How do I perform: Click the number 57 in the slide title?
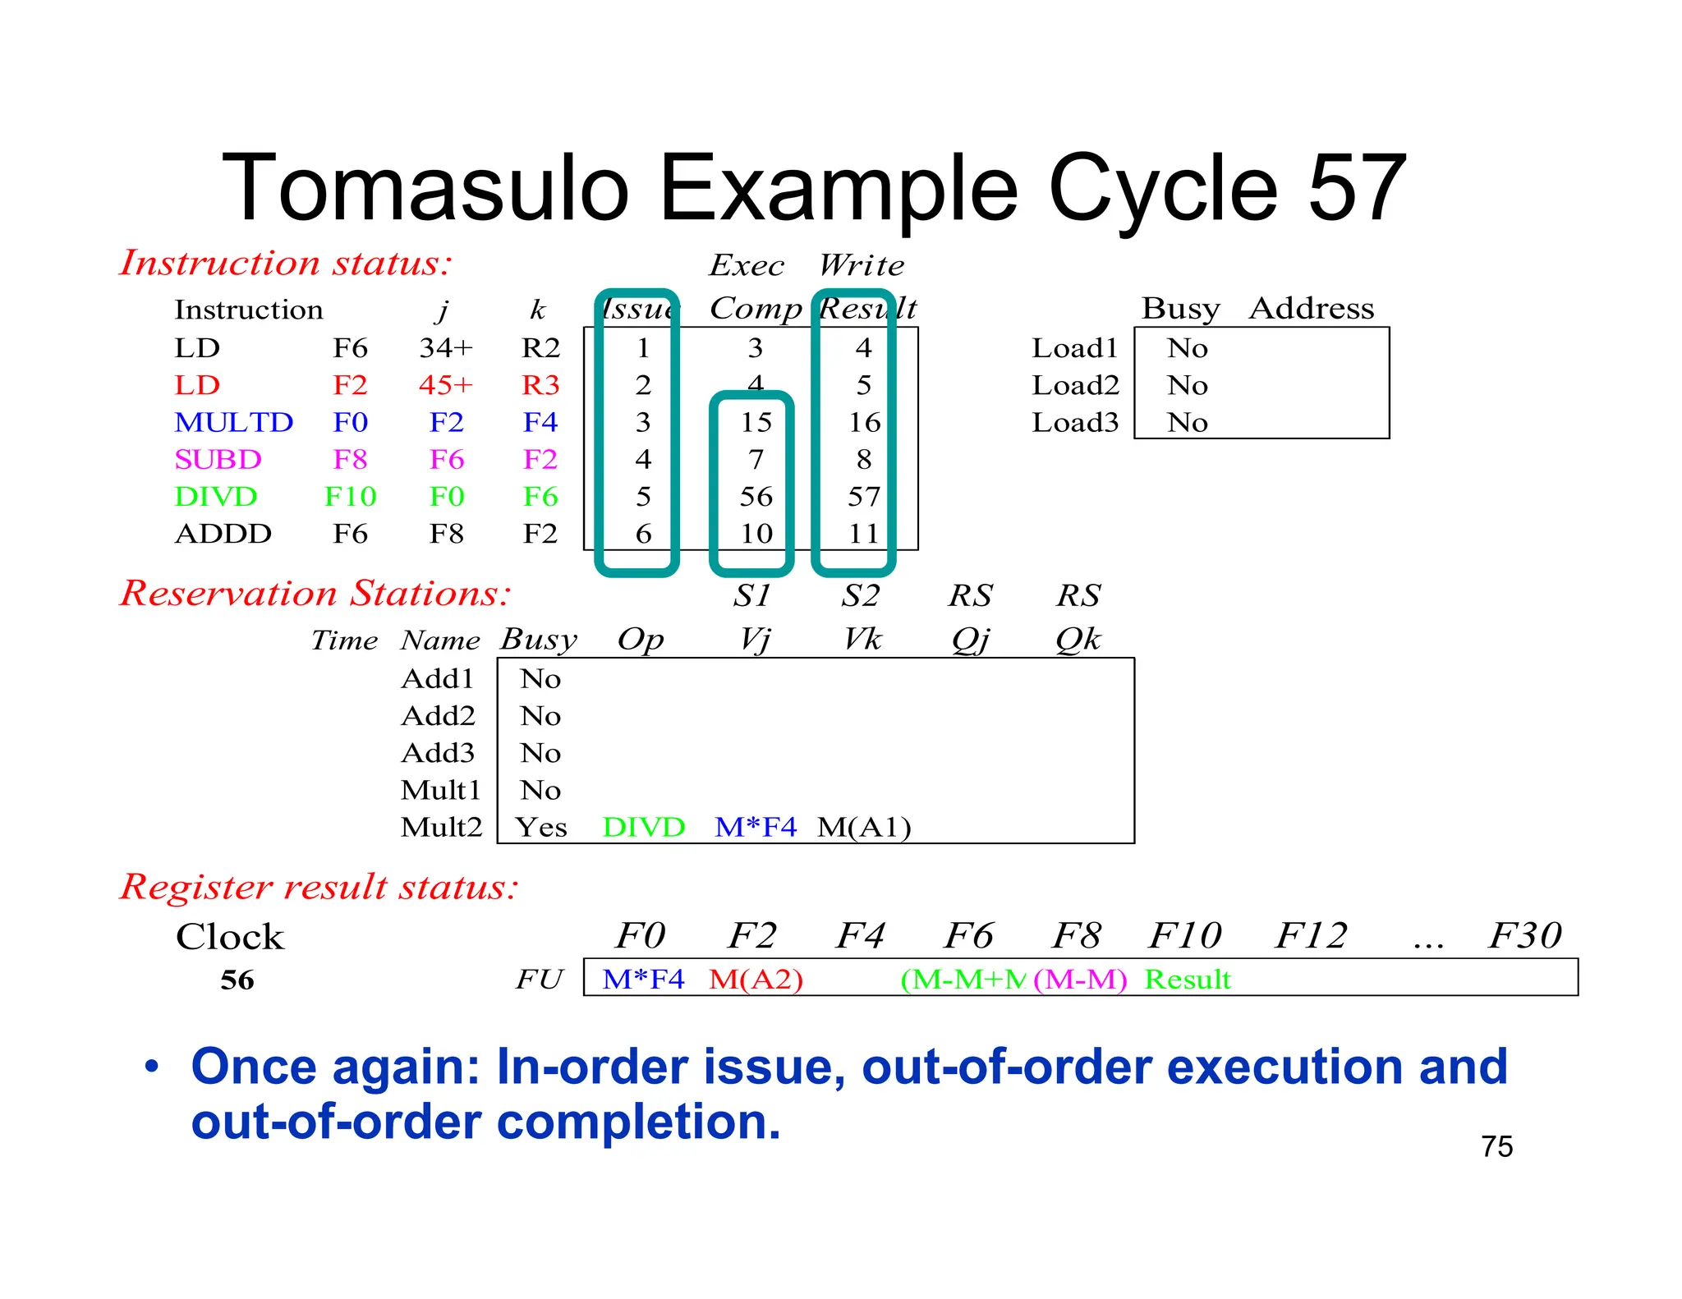pyautogui.click(x=1357, y=189)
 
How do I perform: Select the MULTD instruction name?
pyautogui.click(x=233, y=422)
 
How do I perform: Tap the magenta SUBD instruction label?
pyautogui.click(x=218, y=459)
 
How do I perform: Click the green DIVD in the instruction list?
pyautogui.click(x=215, y=497)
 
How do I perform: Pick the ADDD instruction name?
pyautogui.click(x=223, y=534)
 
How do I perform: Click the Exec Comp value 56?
pyautogui.click(x=756, y=497)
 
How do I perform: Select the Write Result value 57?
pyautogui.click(x=863, y=497)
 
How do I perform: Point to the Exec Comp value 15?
pyautogui.click(x=756, y=422)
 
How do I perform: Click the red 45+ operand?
pyautogui.click(x=446, y=385)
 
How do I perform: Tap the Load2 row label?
pyautogui.click(x=1075, y=385)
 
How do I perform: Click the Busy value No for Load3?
pyautogui.click(x=1187, y=423)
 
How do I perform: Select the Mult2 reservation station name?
pyautogui.click(x=441, y=827)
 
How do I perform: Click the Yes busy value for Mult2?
pyautogui.click(x=541, y=828)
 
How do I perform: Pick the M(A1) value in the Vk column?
pyautogui.click(x=864, y=828)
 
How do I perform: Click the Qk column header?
pyautogui.click(x=1078, y=640)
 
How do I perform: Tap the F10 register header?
pyautogui.click(x=1184, y=936)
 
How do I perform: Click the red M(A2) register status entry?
pyautogui.click(x=756, y=980)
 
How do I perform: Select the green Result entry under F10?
pyautogui.click(x=1188, y=980)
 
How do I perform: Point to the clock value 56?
pyautogui.click(x=237, y=980)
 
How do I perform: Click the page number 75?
pyautogui.click(x=1496, y=1147)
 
